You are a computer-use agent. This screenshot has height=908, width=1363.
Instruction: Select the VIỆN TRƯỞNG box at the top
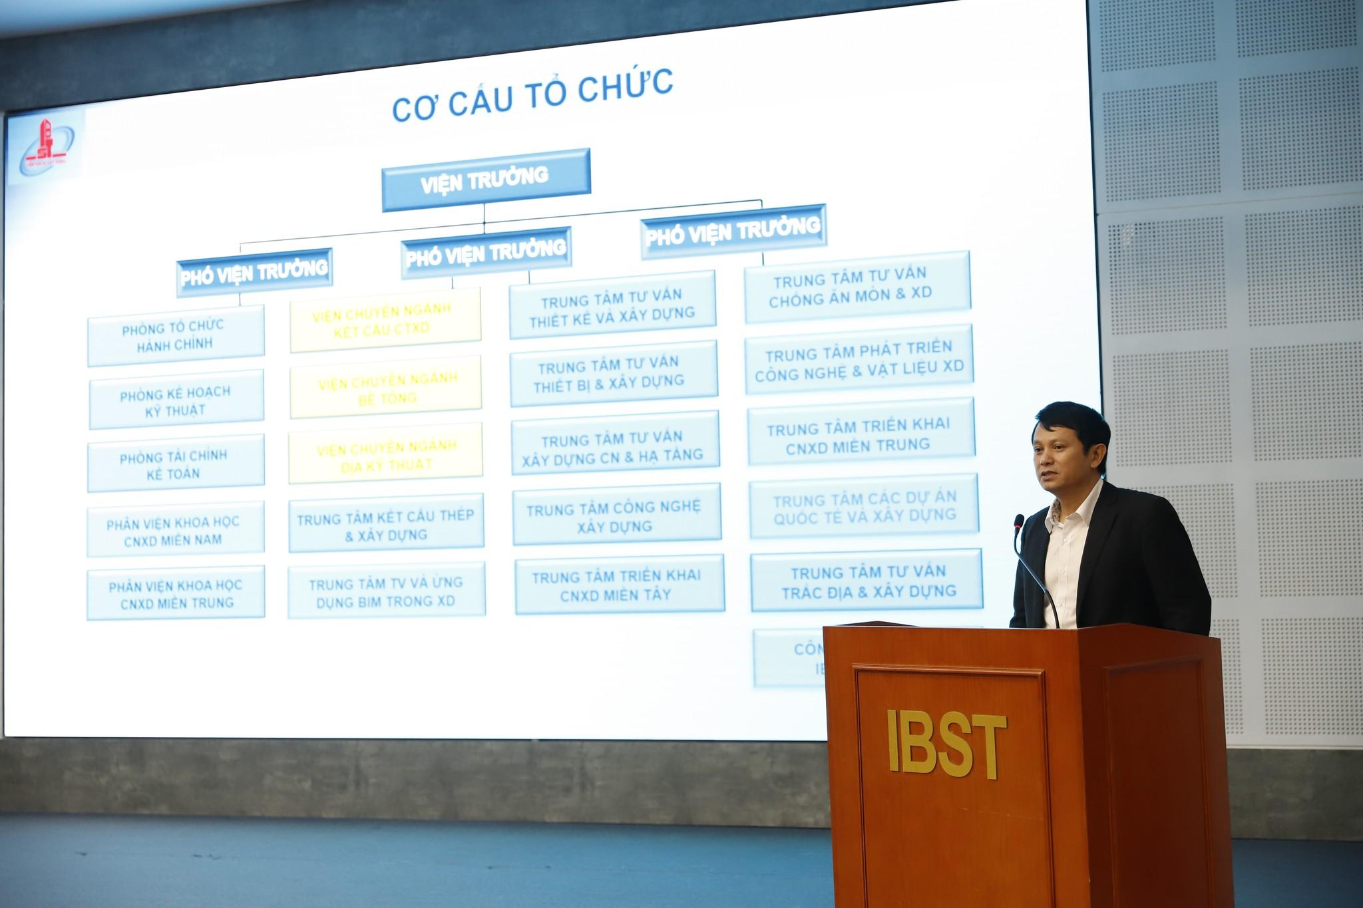(485, 180)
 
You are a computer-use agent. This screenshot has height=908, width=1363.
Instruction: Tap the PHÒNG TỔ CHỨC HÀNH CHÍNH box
(175, 335)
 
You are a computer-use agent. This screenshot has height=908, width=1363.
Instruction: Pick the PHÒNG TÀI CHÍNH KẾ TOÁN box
(175, 464)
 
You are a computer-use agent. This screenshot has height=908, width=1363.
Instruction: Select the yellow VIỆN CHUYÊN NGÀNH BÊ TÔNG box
(386, 388)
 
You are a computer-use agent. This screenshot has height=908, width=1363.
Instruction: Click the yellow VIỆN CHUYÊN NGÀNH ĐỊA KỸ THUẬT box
(386, 456)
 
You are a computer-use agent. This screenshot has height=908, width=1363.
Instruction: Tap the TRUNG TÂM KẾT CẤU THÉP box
(386, 525)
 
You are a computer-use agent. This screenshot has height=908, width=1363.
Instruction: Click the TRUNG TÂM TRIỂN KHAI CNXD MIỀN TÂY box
(618, 585)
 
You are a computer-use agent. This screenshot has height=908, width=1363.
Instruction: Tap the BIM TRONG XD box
(386, 591)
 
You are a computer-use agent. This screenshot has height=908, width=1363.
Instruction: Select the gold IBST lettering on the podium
(946, 742)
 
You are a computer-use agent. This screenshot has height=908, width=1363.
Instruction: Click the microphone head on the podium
(1018, 522)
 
